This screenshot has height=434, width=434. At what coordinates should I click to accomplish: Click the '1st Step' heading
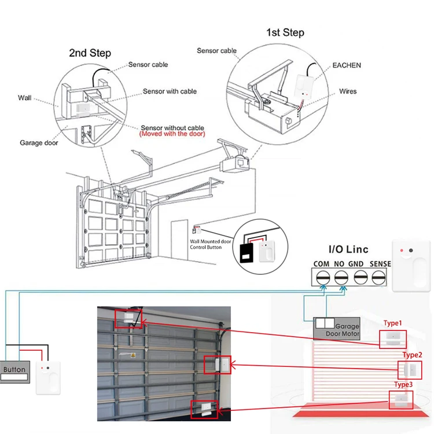285,32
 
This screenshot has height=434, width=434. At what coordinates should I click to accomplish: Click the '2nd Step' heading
90,53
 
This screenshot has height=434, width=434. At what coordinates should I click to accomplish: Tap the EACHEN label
347,65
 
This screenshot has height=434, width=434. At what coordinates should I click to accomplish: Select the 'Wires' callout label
348,91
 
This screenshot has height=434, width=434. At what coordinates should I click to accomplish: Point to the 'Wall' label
25,98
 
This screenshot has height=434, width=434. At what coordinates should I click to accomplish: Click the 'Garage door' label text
39,143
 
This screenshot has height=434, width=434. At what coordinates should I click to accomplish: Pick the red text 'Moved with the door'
172,134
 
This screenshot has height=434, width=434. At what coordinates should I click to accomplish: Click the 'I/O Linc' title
348,249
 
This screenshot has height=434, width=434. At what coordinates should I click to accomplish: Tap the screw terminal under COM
323,277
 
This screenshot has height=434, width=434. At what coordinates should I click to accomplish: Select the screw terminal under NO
341,277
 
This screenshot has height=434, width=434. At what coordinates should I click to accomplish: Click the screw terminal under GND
361,277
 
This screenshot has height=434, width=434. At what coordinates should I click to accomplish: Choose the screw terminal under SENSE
378,277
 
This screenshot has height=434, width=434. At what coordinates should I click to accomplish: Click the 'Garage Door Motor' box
337,329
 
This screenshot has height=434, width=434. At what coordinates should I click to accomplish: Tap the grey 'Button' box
15,372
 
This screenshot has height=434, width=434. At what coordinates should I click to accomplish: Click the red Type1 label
392,323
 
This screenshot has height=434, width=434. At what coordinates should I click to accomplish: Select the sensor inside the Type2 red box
410,370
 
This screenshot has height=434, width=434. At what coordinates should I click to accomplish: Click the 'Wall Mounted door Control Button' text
211,244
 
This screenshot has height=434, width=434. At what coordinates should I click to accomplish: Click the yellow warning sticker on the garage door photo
133,355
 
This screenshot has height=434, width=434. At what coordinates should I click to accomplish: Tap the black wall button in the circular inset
246,253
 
